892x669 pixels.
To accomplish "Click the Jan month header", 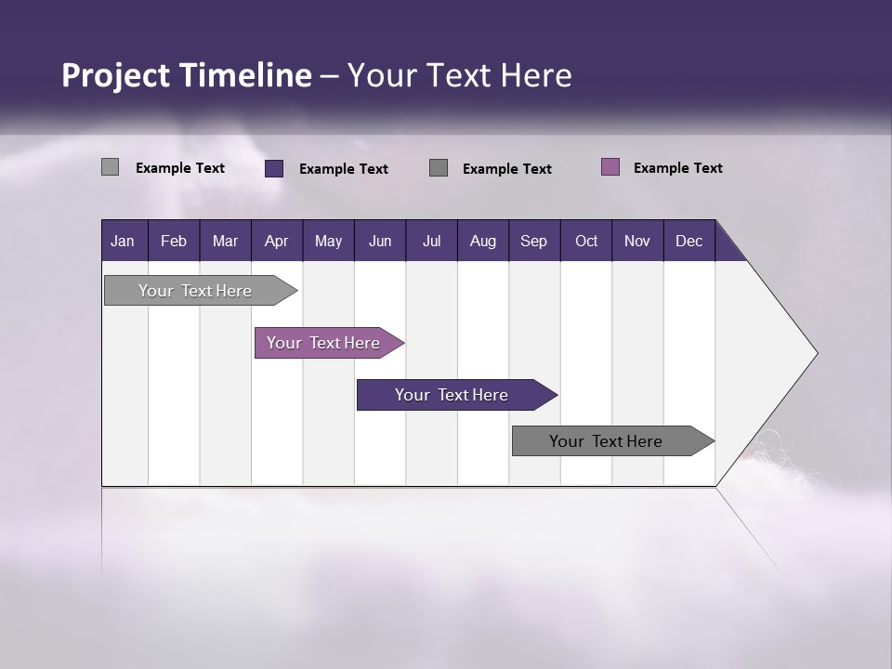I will pyautogui.click(x=123, y=241).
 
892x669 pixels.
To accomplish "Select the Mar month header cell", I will pyautogui.click(x=225, y=241).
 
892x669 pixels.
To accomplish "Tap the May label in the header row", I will pyautogui.click(x=328, y=241).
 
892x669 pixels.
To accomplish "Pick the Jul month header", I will pyautogui.click(x=431, y=241).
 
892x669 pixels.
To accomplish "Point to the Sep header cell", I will pyautogui.click(x=533, y=241).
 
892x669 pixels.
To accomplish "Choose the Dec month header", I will pyautogui.click(x=689, y=241).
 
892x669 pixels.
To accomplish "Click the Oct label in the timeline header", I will pyautogui.click(x=586, y=241).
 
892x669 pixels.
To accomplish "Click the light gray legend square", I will pyautogui.click(x=110, y=167).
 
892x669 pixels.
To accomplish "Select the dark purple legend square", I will pyautogui.click(x=274, y=168).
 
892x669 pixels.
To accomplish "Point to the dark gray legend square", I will pyautogui.click(x=439, y=167).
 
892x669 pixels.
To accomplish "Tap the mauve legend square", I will pyautogui.click(x=610, y=167).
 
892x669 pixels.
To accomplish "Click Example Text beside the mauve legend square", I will pyautogui.click(x=677, y=168).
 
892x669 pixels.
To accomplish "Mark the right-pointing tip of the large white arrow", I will pyautogui.click(x=815, y=353).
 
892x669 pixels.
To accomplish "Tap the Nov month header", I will pyautogui.click(x=637, y=241).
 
